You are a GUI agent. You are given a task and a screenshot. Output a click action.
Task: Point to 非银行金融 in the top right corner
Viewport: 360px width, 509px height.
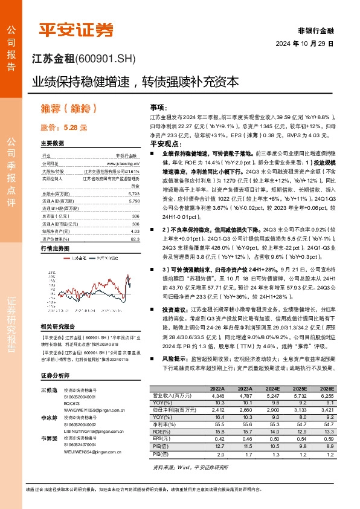click(x=315, y=30)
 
